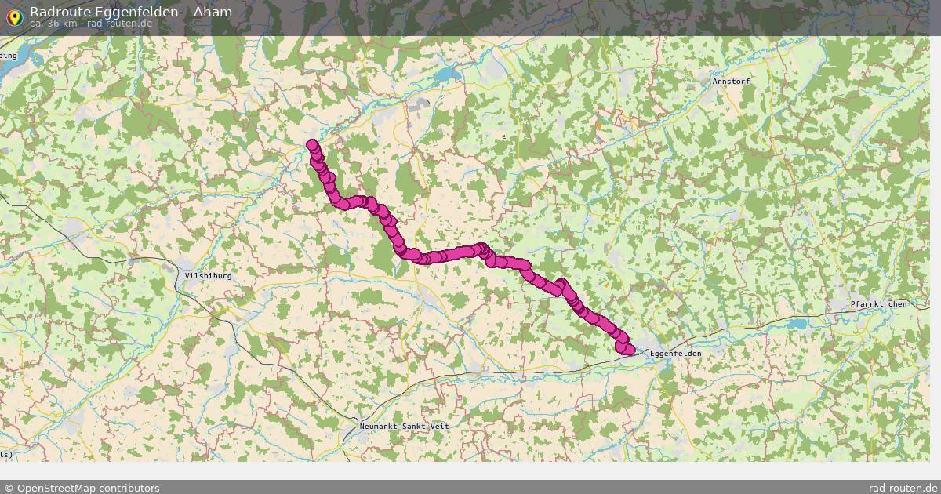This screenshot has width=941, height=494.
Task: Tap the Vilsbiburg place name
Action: (x=208, y=276)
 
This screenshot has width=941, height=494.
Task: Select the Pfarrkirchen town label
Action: (x=878, y=303)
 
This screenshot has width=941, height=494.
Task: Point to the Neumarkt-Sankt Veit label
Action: (x=405, y=425)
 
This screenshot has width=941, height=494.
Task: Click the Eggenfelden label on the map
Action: (x=675, y=354)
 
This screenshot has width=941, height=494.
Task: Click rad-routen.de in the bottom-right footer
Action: (x=903, y=488)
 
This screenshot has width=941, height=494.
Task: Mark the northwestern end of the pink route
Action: (x=312, y=145)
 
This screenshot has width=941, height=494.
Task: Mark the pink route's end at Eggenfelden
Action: (x=630, y=350)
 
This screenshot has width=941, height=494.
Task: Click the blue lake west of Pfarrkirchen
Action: (x=797, y=323)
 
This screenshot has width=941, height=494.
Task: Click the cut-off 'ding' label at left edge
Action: (x=8, y=56)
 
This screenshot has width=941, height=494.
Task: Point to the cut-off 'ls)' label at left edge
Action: (x=5, y=455)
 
